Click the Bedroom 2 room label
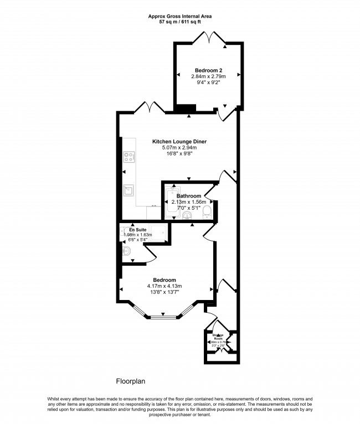(208, 70)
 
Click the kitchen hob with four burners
(128, 157)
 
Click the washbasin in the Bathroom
(188, 215)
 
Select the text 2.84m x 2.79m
(208, 76)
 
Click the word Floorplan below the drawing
(130, 381)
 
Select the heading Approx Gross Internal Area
(179, 17)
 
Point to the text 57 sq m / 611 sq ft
(179, 23)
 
